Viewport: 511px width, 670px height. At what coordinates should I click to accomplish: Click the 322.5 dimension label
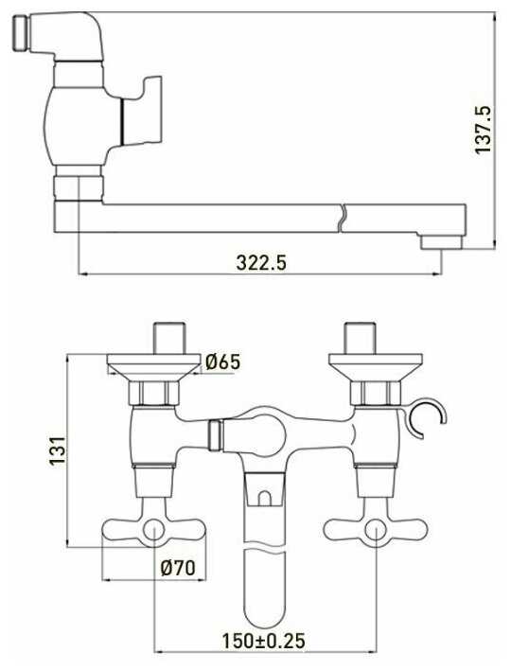pos(261,263)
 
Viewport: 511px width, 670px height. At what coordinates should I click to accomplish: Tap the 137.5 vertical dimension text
pos(484,130)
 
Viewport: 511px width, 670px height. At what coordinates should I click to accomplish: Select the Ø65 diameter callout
pos(222,361)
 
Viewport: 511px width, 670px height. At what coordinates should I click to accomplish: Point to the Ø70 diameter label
pos(178,568)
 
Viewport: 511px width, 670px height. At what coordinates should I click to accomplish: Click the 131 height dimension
pos(57,450)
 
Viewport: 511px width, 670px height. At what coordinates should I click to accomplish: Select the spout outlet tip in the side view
pos(441,242)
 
